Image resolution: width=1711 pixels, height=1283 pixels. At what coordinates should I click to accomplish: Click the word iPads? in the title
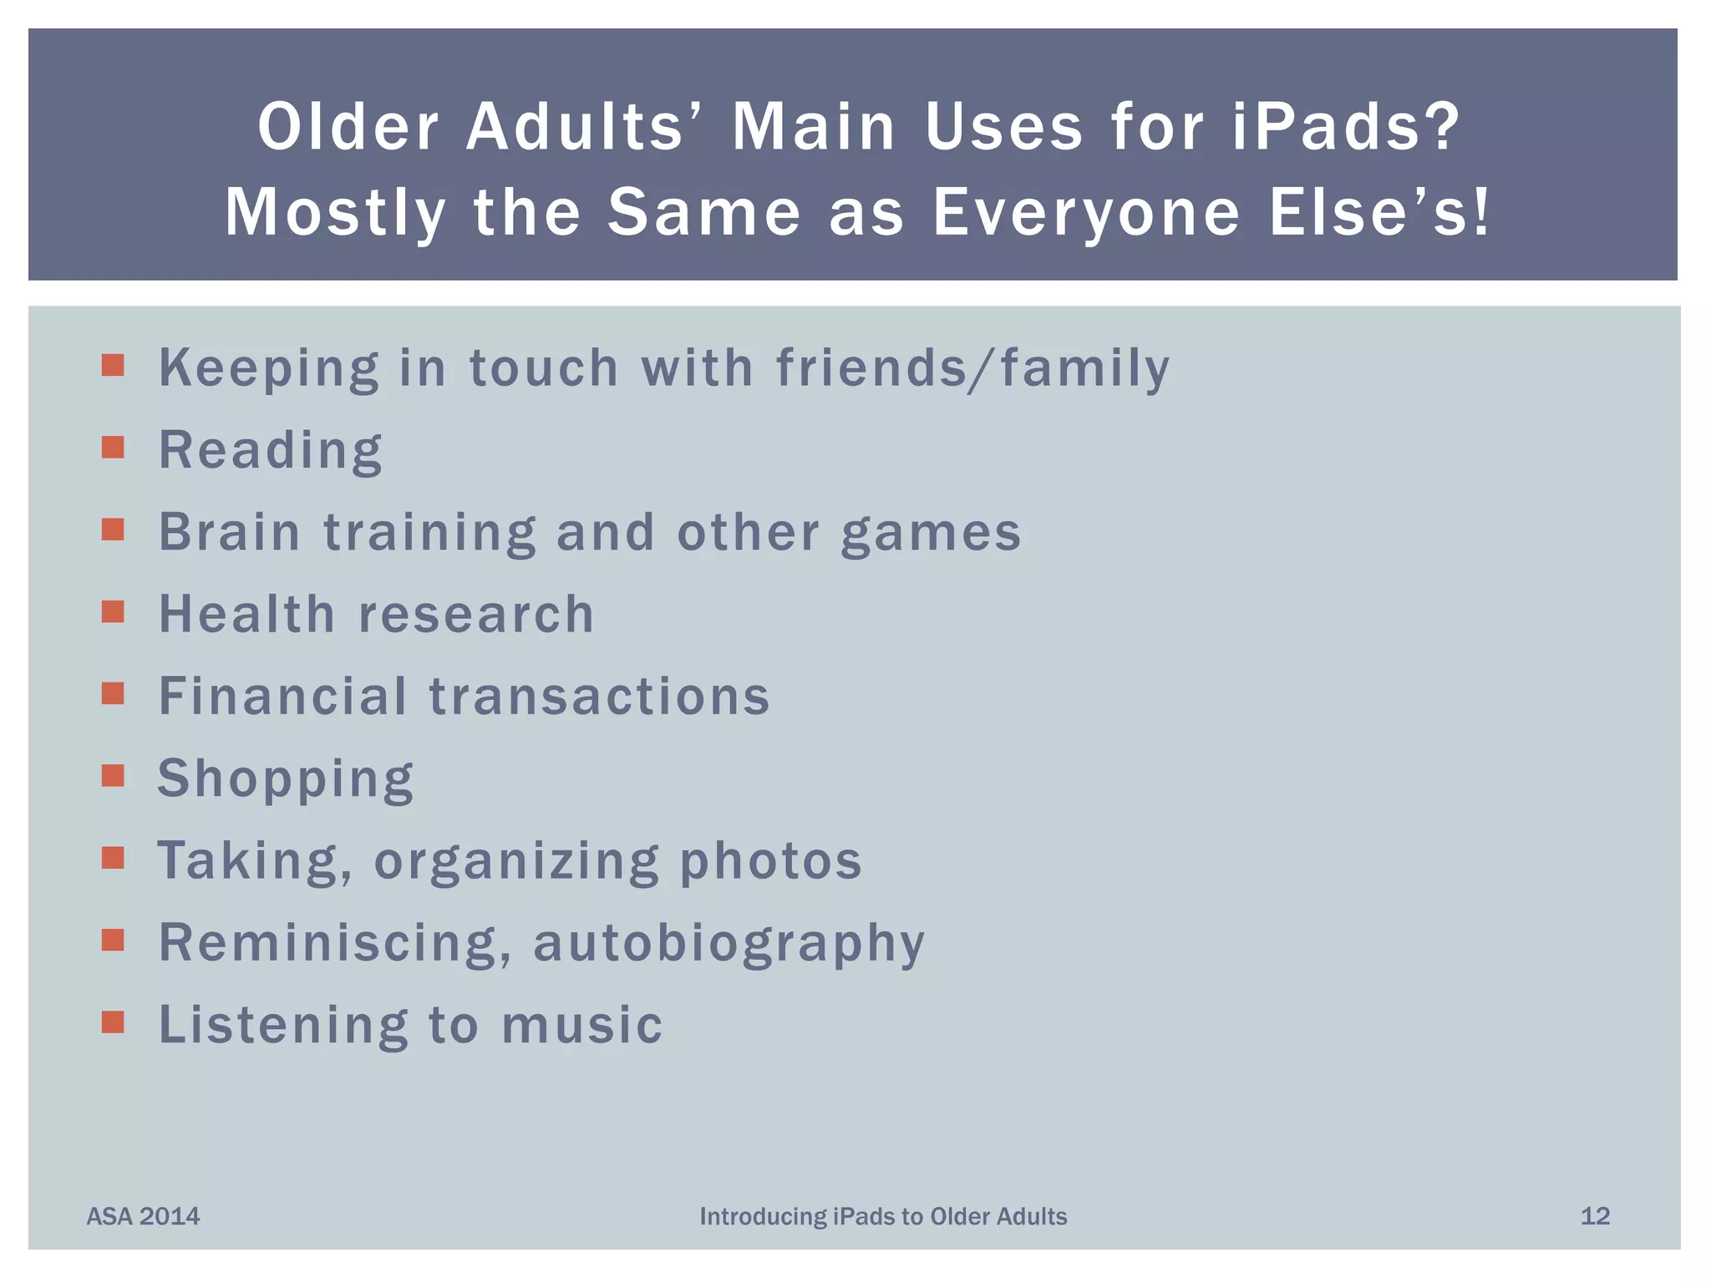[1345, 127]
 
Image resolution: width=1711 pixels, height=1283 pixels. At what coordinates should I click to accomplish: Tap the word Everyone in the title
[1086, 212]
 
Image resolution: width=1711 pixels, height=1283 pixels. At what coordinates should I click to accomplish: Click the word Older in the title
[348, 127]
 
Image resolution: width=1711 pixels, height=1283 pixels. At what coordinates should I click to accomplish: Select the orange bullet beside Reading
[113, 448]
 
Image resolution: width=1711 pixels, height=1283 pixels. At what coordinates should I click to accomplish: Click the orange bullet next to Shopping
[113, 776]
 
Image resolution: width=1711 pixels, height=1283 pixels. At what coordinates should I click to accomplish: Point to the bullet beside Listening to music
[113, 1022]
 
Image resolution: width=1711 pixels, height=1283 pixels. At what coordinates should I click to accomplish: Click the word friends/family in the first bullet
[972, 368]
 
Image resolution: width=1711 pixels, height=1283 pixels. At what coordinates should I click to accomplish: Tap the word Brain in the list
[229, 532]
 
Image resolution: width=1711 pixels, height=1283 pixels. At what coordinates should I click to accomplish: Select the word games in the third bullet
[931, 534]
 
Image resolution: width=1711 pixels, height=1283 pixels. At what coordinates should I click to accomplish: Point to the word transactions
[599, 697]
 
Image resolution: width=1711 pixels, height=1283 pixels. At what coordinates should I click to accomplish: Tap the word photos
[770, 861]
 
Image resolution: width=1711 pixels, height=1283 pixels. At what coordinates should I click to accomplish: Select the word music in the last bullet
[581, 1025]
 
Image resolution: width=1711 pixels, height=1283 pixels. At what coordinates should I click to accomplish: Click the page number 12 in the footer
[1595, 1216]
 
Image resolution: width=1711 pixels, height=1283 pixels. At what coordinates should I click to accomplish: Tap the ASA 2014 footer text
[144, 1216]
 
